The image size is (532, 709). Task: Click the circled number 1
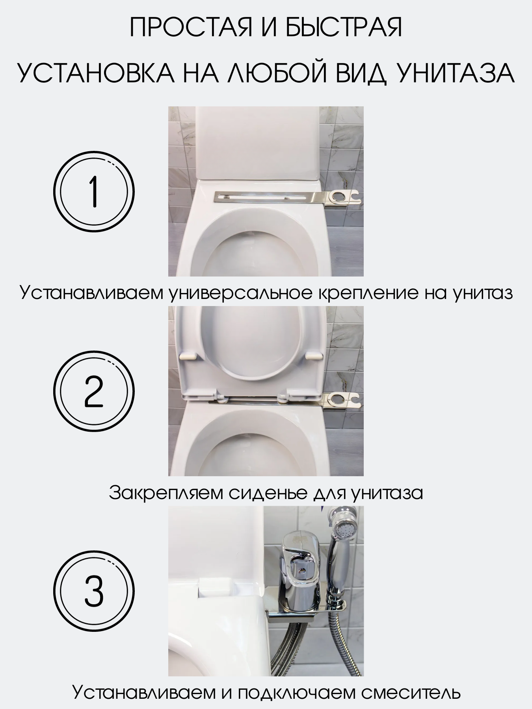coord(94,192)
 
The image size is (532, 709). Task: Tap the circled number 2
coord(94,392)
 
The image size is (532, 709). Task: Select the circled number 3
coord(94,591)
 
